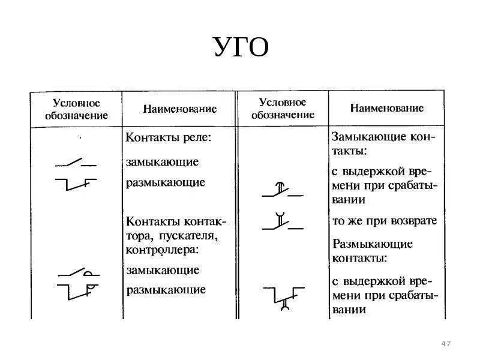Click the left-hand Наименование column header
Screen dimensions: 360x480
click(179, 109)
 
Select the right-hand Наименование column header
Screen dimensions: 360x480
click(387, 109)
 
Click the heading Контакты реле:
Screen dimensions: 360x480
click(169, 137)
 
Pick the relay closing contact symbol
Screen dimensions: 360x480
click(76, 163)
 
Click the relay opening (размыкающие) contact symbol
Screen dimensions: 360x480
click(76, 183)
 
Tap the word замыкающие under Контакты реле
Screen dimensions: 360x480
click(162, 162)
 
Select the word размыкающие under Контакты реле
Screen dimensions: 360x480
click(166, 182)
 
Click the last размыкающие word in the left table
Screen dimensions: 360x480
click(166, 290)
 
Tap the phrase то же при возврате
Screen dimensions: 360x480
click(385, 221)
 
